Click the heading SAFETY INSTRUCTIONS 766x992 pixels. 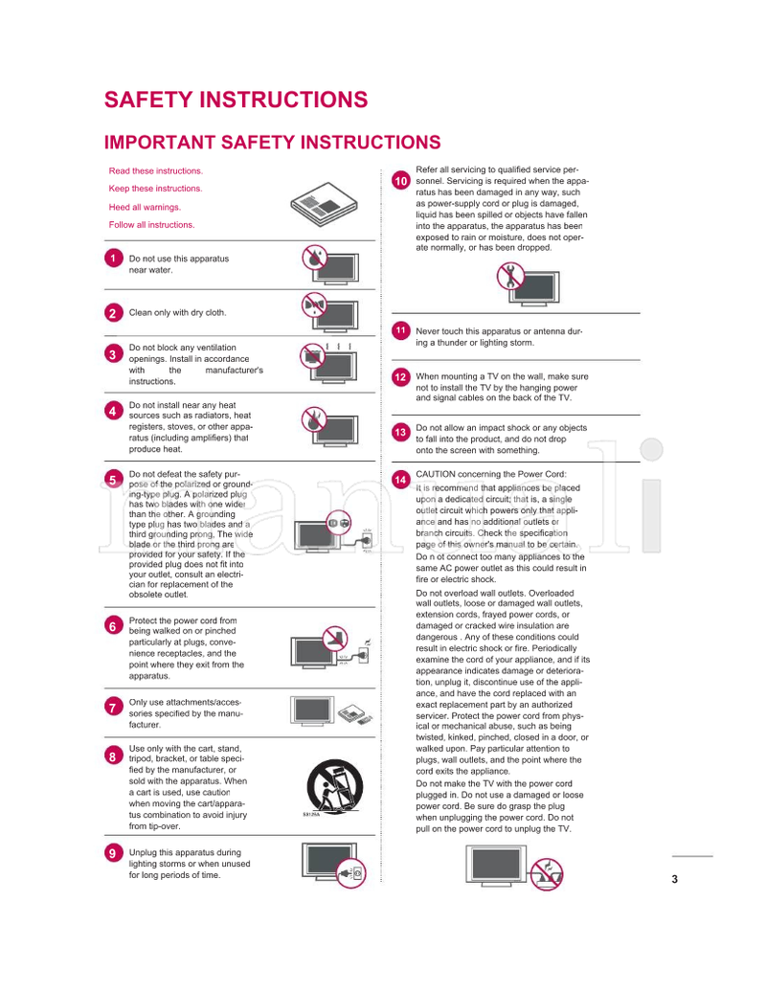point(236,101)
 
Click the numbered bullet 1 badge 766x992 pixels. point(113,259)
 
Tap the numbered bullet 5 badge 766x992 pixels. point(113,479)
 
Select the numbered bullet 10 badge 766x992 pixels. point(401,181)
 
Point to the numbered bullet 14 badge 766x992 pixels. point(401,478)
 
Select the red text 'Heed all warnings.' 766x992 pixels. point(145,207)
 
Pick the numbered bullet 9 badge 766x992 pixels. point(113,853)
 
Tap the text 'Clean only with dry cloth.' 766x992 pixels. point(178,313)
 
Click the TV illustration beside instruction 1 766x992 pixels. point(329,263)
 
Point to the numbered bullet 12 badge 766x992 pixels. point(401,377)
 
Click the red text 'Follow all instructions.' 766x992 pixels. point(151,225)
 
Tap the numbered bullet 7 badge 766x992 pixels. point(113,708)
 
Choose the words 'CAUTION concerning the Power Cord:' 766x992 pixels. point(491,474)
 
